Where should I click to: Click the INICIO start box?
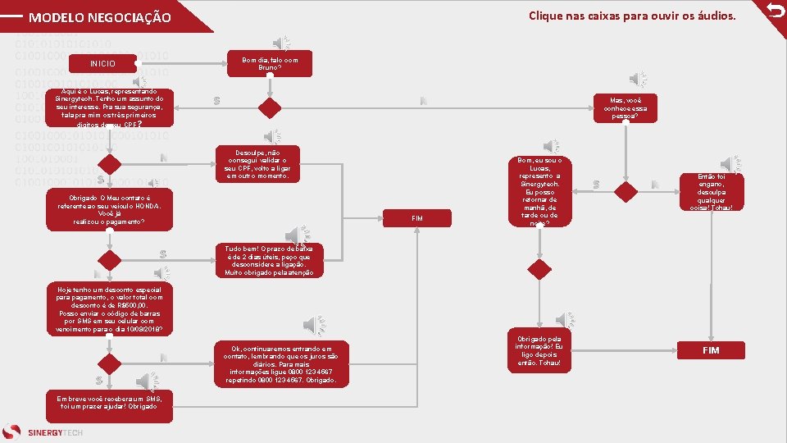pyautogui.click(x=103, y=64)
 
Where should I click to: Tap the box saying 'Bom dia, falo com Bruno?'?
pyautogui.click(x=270, y=63)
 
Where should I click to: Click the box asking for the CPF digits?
pyautogui.click(x=110, y=107)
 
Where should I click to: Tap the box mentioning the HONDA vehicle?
pyautogui.click(x=110, y=211)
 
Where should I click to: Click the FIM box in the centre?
pyautogui.click(x=416, y=218)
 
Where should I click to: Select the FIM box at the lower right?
pyautogui.click(x=710, y=350)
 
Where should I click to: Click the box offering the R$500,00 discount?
pyautogui.click(x=110, y=309)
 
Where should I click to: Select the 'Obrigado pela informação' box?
pyautogui.click(x=539, y=350)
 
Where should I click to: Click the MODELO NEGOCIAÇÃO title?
pyautogui.click(x=100, y=17)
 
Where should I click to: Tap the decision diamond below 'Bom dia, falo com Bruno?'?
pyautogui.click(x=270, y=108)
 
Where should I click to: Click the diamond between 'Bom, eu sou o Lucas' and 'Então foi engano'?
pyautogui.click(x=626, y=191)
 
